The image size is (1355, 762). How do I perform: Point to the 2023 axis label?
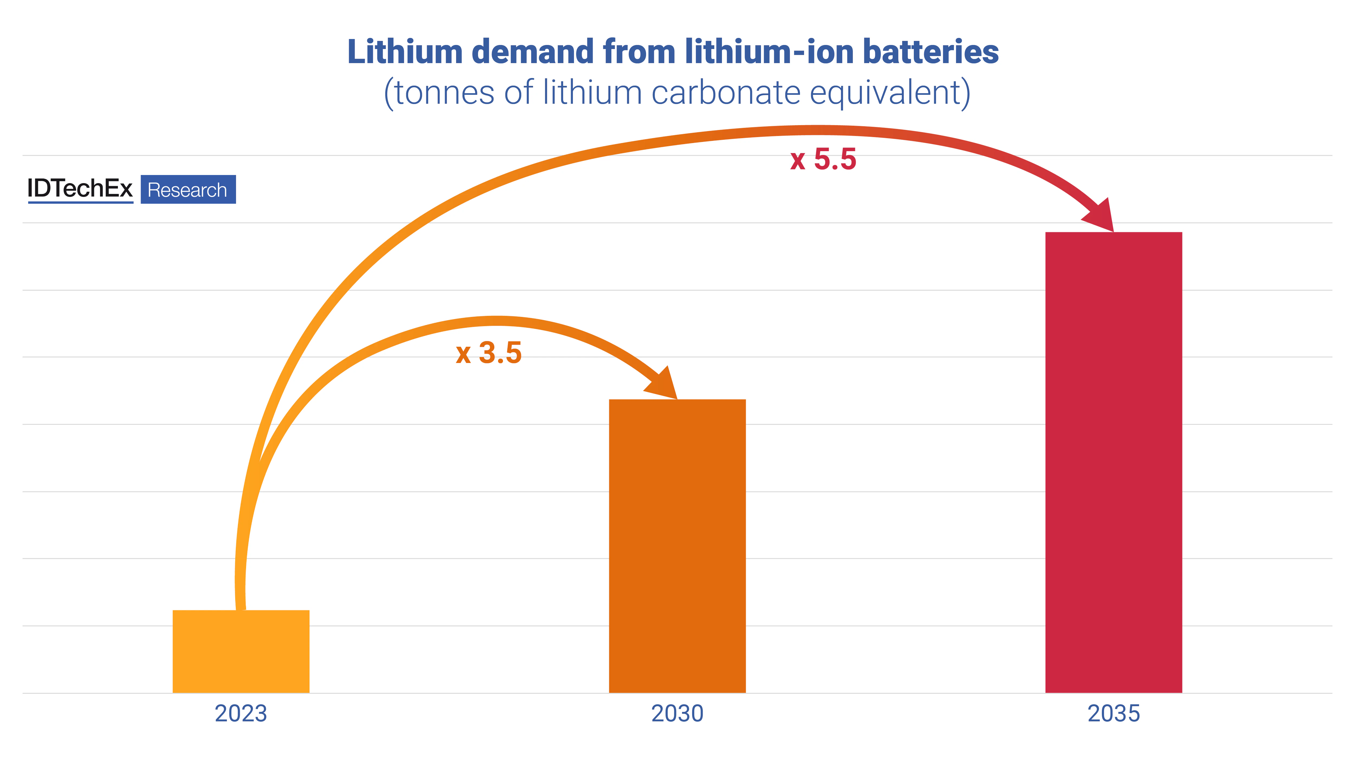(x=241, y=714)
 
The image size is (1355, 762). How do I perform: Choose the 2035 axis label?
(x=1114, y=714)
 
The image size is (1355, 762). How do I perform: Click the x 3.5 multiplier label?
(x=489, y=353)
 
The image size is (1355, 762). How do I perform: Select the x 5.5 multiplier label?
(x=823, y=159)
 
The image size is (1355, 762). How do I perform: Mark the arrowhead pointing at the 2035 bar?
(x=1101, y=216)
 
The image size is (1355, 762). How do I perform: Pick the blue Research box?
(x=188, y=189)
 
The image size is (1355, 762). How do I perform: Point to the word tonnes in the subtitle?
(x=444, y=93)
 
